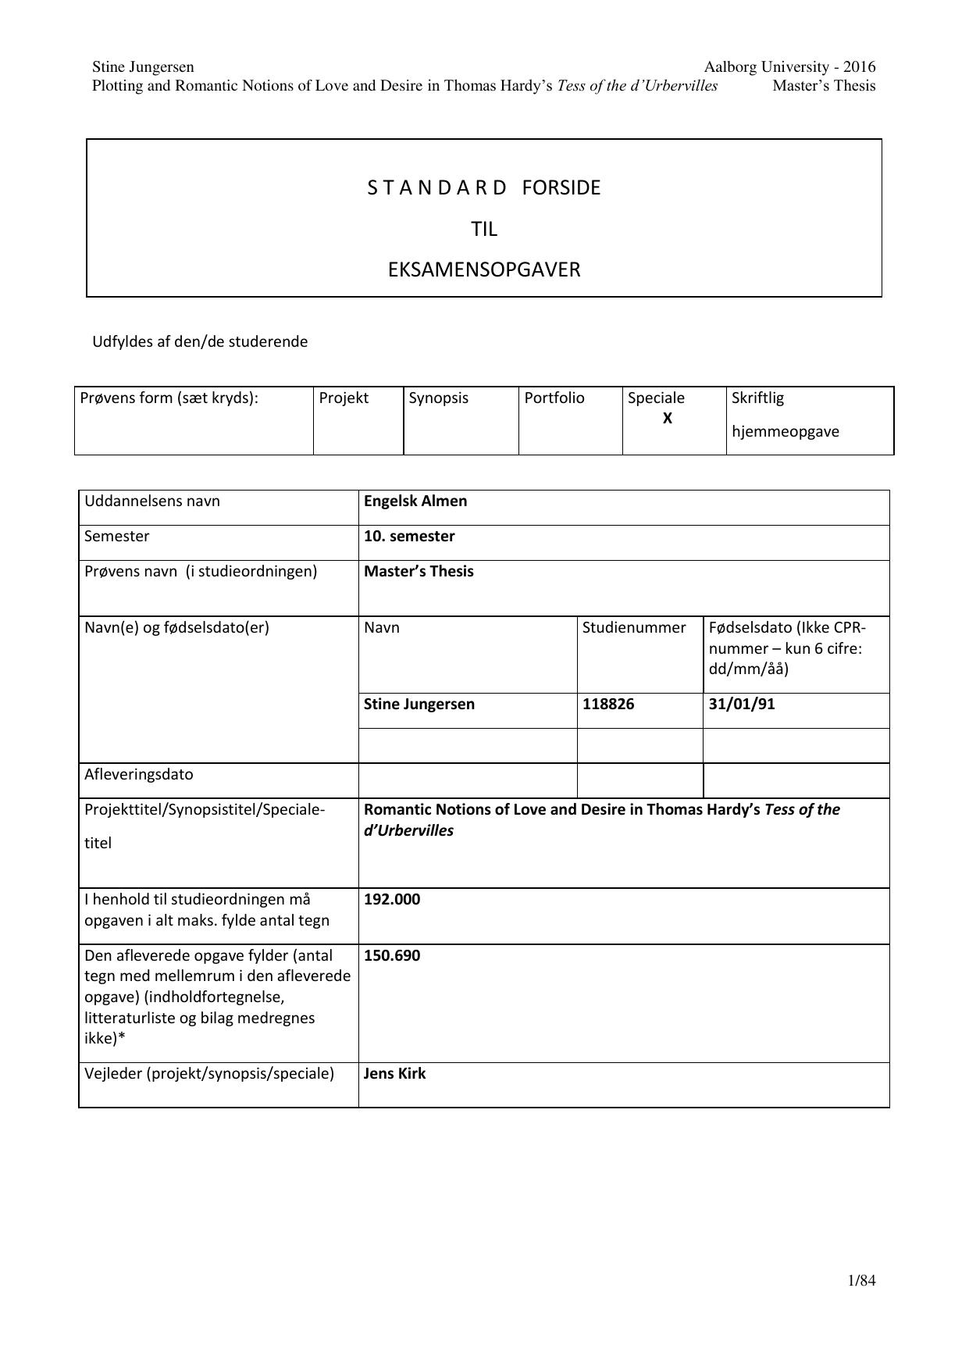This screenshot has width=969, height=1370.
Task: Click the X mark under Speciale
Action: click(x=668, y=419)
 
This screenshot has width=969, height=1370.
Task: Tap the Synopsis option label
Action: click(x=439, y=398)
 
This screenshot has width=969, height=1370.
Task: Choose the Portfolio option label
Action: click(x=554, y=398)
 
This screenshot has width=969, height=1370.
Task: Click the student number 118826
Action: click(x=608, y=705)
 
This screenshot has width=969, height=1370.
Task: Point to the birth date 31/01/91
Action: click(x=742, y=705)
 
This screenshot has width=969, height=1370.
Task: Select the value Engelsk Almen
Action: click(x=415, y=501)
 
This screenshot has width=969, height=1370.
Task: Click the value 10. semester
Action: click(x=409, y=537)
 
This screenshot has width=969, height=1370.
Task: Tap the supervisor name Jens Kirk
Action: click(x=395, y=1074)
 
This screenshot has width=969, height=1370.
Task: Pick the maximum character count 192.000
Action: click(x=392, y=900)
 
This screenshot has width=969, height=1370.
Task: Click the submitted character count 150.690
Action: click(x=392, y=956)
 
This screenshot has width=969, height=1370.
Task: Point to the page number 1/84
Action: click(x=861, y=1281)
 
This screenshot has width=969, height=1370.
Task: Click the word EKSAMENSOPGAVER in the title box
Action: click(x=484, y=270)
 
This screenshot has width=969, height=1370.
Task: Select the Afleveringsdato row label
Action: click(x=139, y=775)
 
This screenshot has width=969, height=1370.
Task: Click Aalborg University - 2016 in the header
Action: click(x=789, y=67)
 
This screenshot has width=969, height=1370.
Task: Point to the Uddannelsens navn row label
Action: click(x=152, y=501)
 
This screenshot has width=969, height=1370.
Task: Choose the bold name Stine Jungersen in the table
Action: click(x=419, y=705)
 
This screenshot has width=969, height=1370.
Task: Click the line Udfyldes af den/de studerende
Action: click(x=200, y=342)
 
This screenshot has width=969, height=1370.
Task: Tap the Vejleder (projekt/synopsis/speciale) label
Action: click(x=209, y=1074)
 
